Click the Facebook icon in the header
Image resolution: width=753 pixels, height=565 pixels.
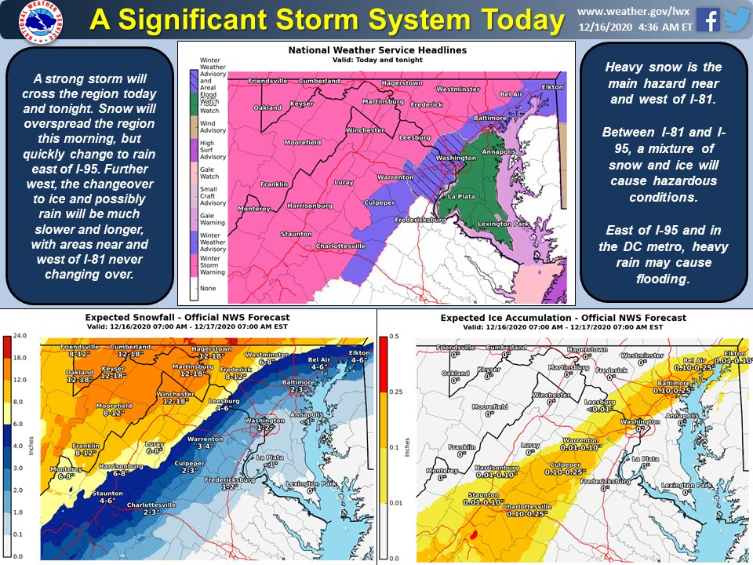pos(708,20)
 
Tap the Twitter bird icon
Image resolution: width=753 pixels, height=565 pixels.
pos(737,20)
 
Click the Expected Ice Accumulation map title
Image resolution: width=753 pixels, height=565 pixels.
pos(562,318)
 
